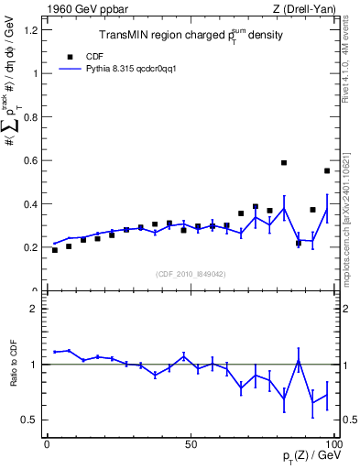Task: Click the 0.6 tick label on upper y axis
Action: [x=34, y=160]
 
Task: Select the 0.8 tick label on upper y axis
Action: [x=34, y=117]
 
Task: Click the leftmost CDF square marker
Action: [x=55, y=250]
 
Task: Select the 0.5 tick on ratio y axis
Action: [x=34, y=420]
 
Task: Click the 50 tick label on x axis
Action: [x=190, y=442]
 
